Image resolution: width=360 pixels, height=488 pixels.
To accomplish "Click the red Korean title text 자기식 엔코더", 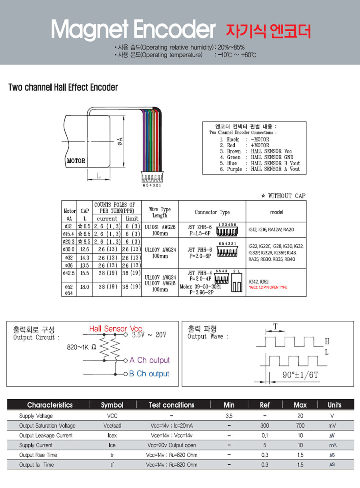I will click(268, 31).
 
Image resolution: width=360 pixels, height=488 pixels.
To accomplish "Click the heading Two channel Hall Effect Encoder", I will click(63, 87).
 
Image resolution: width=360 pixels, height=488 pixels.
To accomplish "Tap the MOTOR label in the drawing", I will click(76, 161).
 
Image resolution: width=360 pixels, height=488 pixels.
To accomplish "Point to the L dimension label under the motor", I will click(98, 175).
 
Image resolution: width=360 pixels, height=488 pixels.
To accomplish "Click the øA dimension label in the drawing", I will click(120, 141).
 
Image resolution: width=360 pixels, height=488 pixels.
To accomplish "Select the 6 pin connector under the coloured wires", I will click(152, 178).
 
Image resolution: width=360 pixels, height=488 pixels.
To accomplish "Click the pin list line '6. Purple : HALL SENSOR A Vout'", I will click(260, 169).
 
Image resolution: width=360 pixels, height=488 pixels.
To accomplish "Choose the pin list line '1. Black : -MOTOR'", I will click(244, 139).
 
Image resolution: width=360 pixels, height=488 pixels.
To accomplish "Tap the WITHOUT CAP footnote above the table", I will click(283, 196).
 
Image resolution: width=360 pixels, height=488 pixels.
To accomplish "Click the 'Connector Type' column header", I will click(212, 212).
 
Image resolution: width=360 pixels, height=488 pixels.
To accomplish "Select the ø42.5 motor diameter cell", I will click(69, 273).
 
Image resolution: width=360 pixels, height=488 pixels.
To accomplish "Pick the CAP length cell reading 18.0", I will click(84, 287).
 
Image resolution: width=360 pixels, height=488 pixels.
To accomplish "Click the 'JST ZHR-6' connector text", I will click(200, 227).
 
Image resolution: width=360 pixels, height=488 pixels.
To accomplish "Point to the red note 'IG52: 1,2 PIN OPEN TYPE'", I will click(268, 287).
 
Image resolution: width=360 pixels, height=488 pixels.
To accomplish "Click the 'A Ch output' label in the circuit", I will click(149, 360).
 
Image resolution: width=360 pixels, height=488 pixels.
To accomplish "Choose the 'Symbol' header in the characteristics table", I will click(112, 405).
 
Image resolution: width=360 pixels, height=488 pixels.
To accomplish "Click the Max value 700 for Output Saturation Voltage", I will click(300, 426).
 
